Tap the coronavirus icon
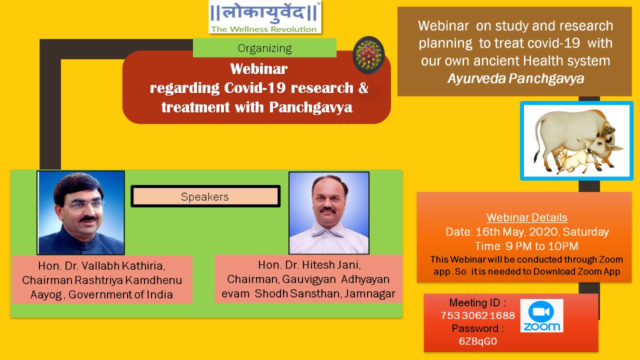[368, 55]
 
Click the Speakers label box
[205, 196]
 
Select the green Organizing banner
[264, 47]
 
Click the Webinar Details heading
[526, 217]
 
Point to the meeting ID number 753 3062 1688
[477, 315]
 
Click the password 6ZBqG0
[477, 341]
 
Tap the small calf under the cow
[574, 160]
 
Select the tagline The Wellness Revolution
[263, 29]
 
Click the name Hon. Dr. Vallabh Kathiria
[101, 265]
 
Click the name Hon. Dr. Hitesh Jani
[309, 265]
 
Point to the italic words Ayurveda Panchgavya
[515, 78]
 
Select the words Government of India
[120, 294]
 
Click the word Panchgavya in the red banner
[311, 107]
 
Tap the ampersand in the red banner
[363, 87]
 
